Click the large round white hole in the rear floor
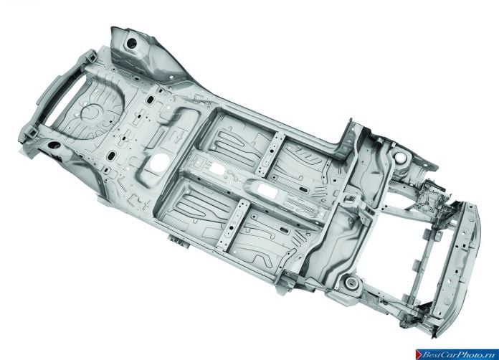(x=159, y=162)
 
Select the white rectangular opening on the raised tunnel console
(x=267, y=190)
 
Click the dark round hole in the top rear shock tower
(x=131, y=43)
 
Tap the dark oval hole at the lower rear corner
(x=54, y=145)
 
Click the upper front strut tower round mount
(x=399, y=156)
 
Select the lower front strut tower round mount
(x=351, y=282)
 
